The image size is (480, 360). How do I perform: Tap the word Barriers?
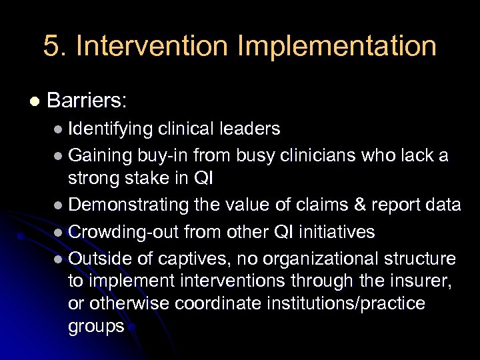coord(87,101)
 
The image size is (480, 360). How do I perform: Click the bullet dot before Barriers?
coord(35,102)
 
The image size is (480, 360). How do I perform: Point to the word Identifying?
coord(111,128)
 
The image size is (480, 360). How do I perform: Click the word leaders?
coord(251,128)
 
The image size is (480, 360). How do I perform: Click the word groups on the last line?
coord(96,327)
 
